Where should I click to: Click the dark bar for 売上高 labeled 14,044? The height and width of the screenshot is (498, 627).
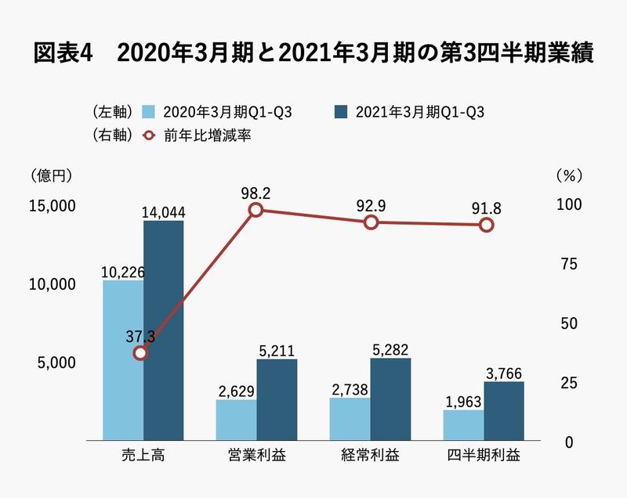164,329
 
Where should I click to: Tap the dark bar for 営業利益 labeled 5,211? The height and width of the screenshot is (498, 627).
277,399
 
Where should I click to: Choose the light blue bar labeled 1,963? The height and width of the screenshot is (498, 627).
463,424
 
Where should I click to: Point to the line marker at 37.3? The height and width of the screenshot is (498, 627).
141,353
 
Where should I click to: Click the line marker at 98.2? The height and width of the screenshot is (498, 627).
256,210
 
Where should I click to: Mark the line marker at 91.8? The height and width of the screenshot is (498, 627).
486,226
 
